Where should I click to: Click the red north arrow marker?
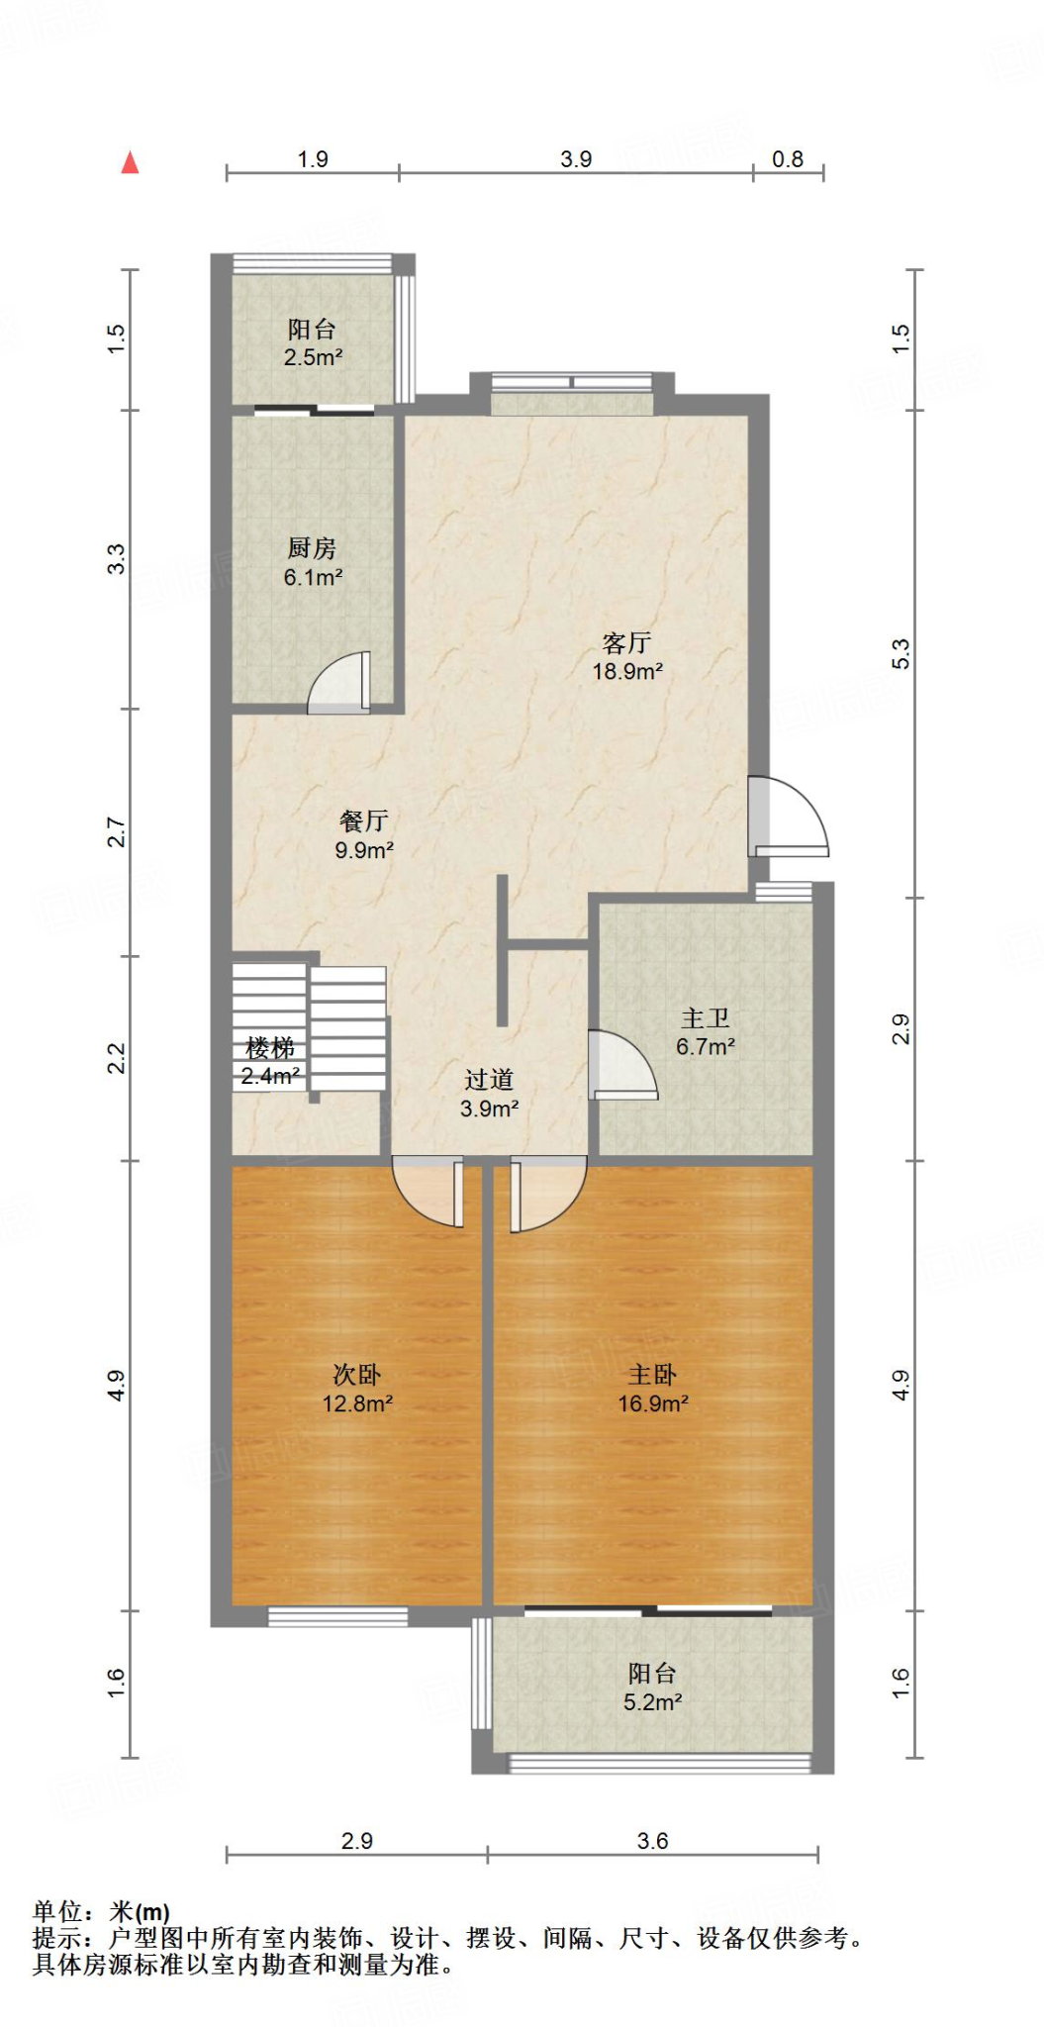[130, 163]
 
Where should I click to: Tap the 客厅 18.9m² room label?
[626, 657]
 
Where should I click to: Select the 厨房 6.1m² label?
[313, 562]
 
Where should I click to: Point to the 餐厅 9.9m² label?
[364, 835]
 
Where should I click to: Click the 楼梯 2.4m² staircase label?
[270, 1061]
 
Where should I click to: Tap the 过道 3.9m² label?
[489, 1094]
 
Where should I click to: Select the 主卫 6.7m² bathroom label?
[705, 1032]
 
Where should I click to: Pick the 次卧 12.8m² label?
[357, 1389]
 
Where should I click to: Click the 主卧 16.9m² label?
[653, 1389]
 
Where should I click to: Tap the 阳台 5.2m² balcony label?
[652, 1688]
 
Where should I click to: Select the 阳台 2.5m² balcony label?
[313, 342]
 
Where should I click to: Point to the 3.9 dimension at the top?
[576, 159]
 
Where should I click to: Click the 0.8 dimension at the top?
[788, 159]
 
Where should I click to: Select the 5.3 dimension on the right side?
[900, 654]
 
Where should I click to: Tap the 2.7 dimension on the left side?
[117, 831]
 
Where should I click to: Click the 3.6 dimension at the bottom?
[652, 1841]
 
